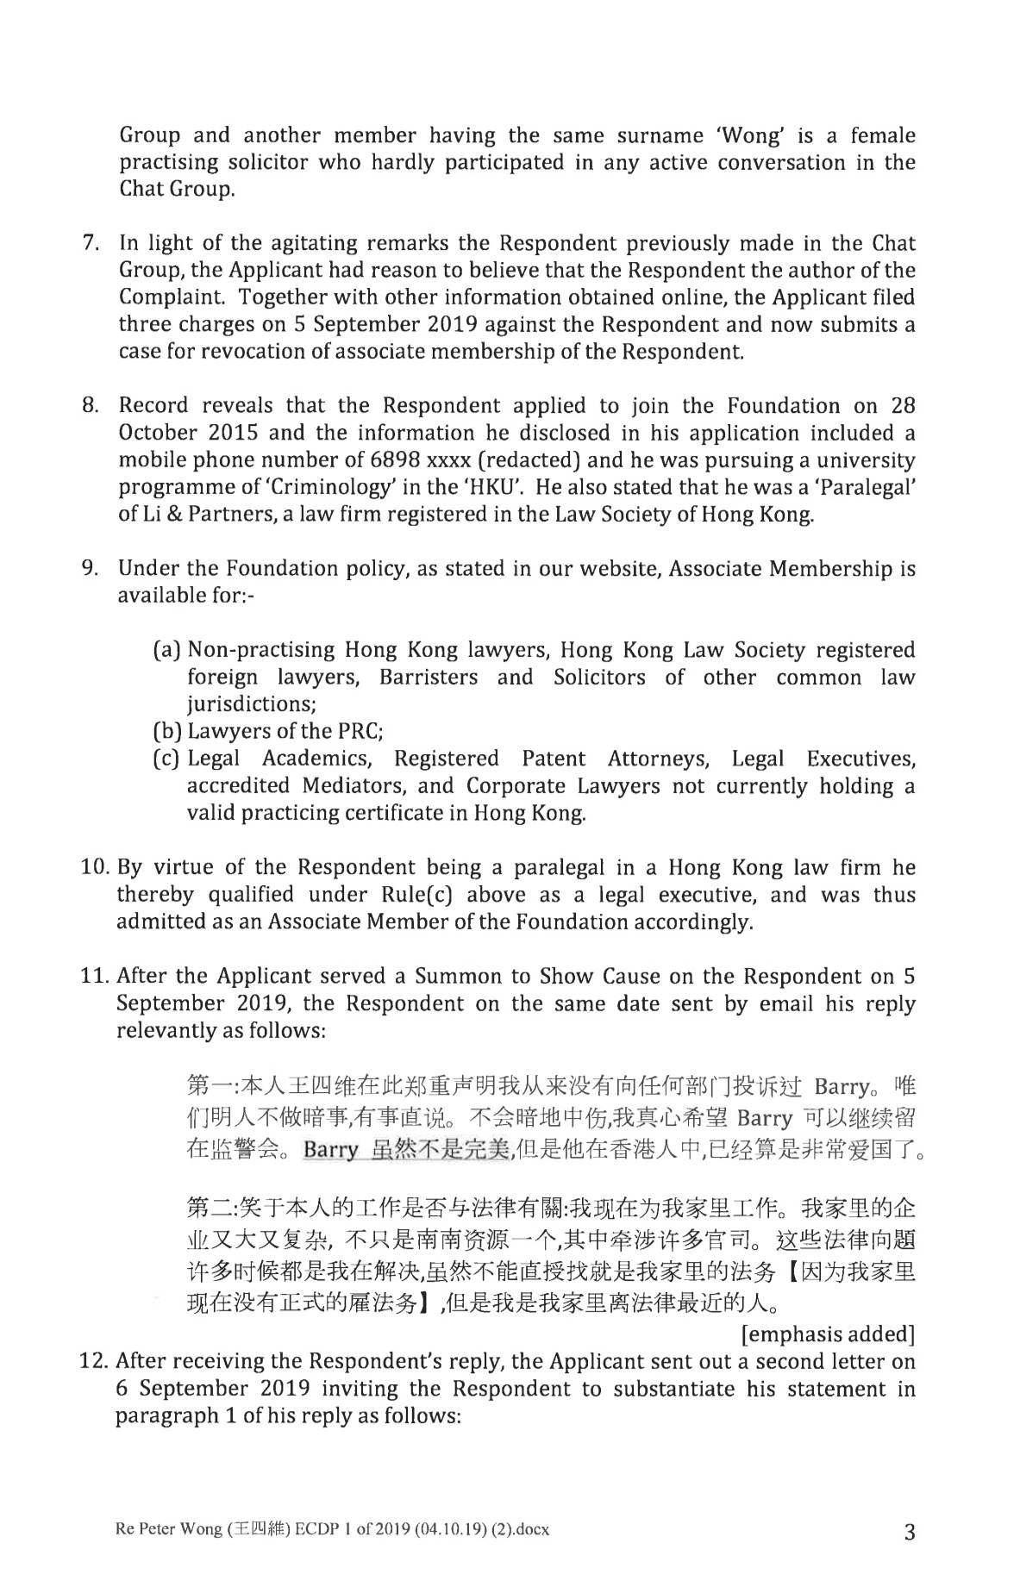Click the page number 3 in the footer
(909, 1532)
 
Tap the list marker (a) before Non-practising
(167, 650)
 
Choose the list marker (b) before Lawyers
(167, 732)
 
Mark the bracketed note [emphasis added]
(827, 1334)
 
